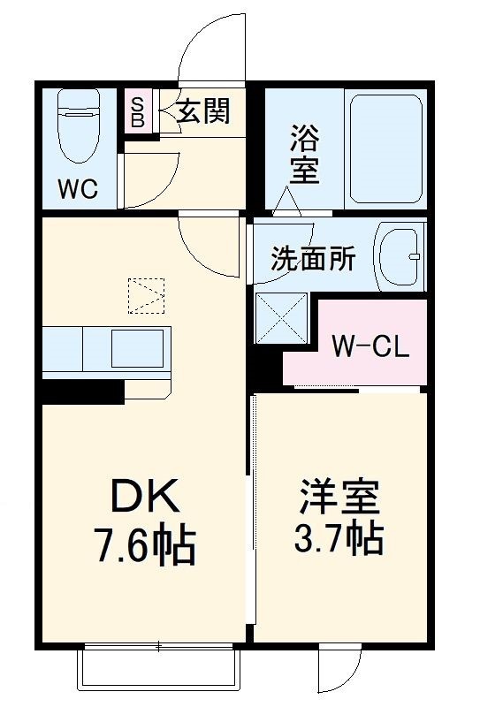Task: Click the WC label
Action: point(76,188)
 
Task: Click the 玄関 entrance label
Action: point(202,111)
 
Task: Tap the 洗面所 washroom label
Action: point(313,259)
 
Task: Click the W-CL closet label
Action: point(370,346)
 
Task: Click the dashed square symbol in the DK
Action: point(146,295)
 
